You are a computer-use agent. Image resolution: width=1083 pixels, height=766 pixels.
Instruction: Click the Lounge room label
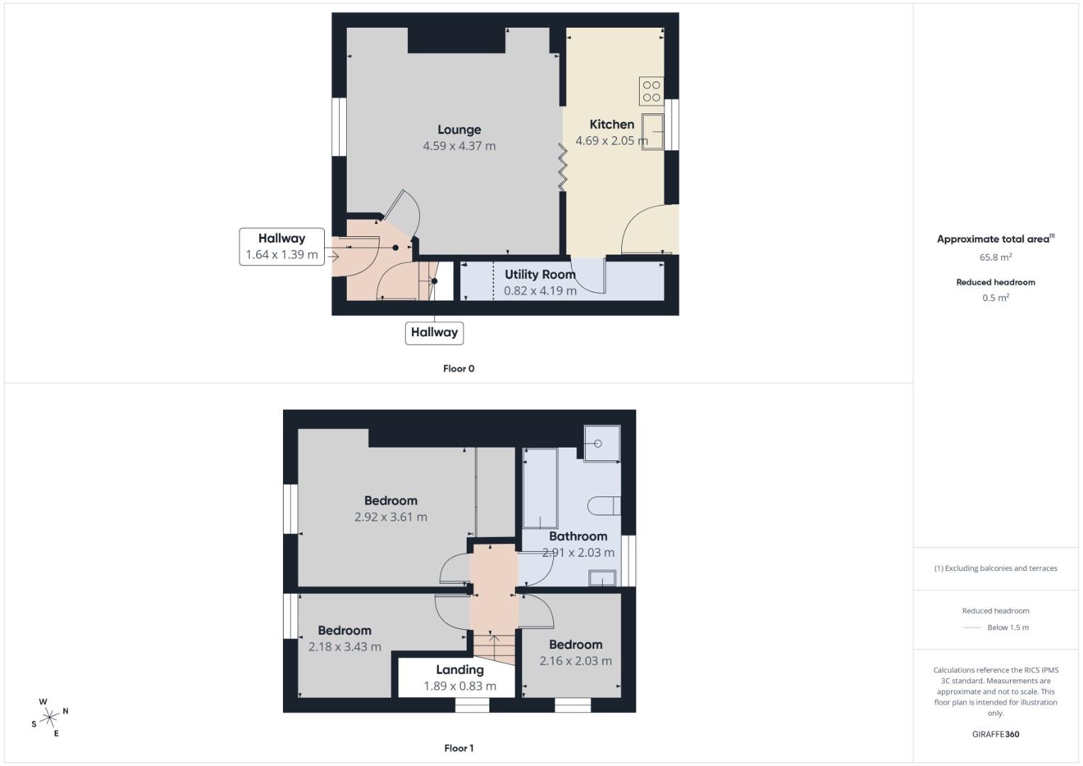click(x=459, y=130)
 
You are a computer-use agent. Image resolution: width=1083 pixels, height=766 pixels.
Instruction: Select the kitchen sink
click(x=652, y=131)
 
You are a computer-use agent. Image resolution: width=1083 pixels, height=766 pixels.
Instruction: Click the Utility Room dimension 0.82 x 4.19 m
click(x=540, y=291)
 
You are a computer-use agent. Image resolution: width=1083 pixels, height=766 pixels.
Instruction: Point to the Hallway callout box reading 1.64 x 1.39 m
click(x=282, y=247)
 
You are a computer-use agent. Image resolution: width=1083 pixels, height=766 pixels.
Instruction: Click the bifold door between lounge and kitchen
click(x=562, y=167)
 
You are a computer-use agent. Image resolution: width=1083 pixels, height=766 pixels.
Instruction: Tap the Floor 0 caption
click(x=458, y=369)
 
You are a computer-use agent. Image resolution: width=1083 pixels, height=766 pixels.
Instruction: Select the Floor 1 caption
click(x=458, y=748)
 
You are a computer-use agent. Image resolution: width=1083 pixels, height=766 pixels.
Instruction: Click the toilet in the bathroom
click(x=604, y=506)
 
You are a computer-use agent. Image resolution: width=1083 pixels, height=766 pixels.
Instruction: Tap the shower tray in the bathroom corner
click(x=601, y=443)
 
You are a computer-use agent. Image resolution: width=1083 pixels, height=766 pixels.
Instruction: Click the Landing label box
click(x=460, y=677)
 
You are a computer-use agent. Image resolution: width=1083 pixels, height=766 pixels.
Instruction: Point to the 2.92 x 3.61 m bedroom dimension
click(x=391, y=517)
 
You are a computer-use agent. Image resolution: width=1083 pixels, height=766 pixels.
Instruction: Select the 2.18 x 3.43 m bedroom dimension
click(x=345, y=647)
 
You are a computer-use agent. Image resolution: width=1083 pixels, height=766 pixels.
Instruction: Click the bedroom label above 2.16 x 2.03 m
click(x=575, y=645)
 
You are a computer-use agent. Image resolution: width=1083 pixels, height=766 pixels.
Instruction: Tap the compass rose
click(x=50, y=717)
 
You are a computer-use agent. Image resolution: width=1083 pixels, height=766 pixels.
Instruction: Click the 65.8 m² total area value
click(x=995, y=257)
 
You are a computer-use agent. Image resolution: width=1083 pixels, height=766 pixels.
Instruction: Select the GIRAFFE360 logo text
click(x=995, y=734)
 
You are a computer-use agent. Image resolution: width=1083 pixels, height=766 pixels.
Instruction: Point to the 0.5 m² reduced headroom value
click(x=995, y=298)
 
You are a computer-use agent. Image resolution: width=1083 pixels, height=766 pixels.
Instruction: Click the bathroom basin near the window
click(x=601, y=579)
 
